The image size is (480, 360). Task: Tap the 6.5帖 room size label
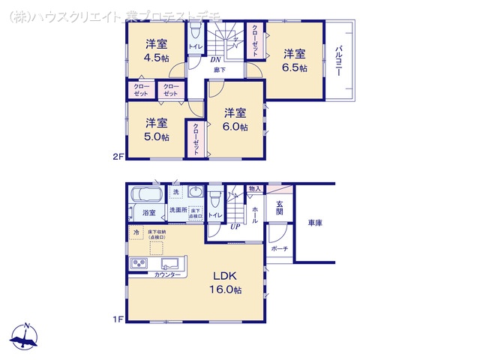tap(295, 67)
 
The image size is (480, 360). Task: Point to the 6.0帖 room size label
tap(235, 127)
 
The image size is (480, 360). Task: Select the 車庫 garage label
tap(315, 223)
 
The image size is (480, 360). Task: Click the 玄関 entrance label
tap(279, 208)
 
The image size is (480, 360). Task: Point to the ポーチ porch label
tap(279, 247)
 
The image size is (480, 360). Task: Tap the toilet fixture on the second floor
tap(195, 32)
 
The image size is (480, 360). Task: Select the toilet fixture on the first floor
tap(215, 199)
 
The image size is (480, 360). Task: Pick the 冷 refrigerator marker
tap(136, 233)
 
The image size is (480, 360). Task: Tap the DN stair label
tap(214, 59)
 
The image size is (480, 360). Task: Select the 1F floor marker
tap(118, 320)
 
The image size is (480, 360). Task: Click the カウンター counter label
tap(167, 275)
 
